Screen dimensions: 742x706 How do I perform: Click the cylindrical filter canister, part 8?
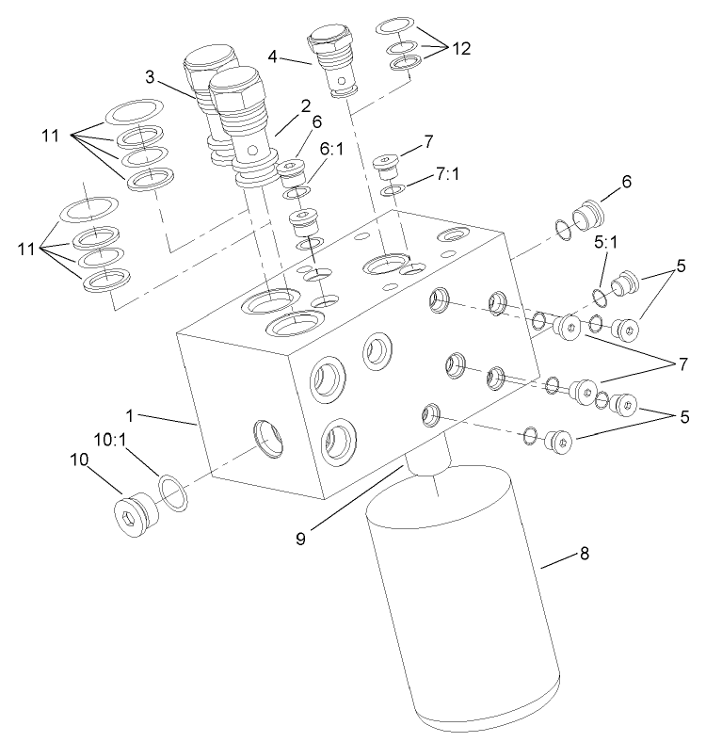pyautogui.click(x=452, y=603)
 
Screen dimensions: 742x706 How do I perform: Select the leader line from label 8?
pyautogui.click(x=559, y=562)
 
